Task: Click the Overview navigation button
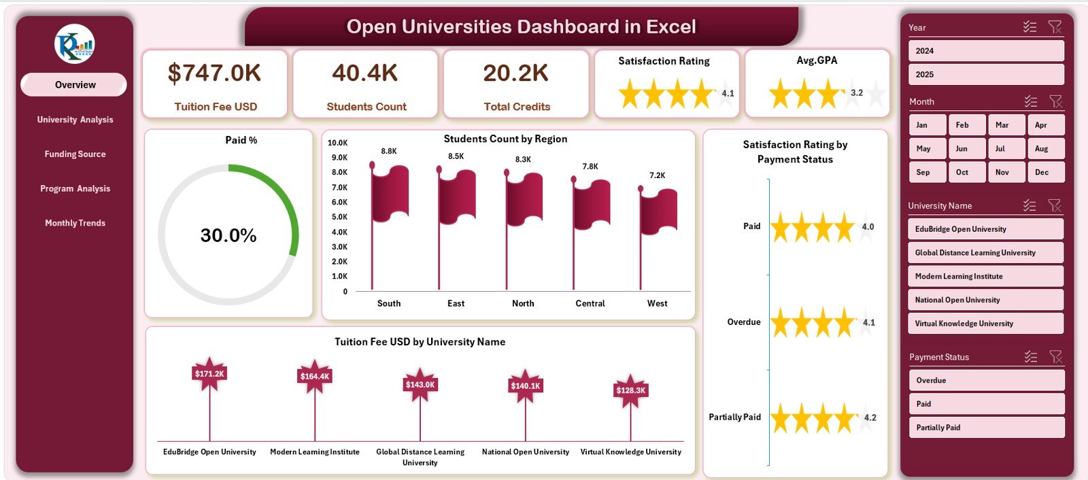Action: click(x=74, y=85)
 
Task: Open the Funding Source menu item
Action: click(x=75, y=154)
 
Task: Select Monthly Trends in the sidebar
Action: click(x=75, y=223)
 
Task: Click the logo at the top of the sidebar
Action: click(x=75, y=44)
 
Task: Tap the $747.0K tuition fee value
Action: click(x=214, y=73)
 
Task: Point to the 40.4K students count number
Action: click(x=365, y=73)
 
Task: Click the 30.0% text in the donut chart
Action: click(x=228, y=235)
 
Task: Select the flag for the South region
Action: click(x=390, y=194)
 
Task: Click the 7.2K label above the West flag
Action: click(x=658, y=175)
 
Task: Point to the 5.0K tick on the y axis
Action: click(x=339, y=217)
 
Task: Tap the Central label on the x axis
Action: click(x=590, y=303)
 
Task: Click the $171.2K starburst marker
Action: click(x=209, y=374)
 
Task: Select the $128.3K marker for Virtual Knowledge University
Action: click(x=630, y=390)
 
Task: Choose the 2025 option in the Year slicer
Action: click(x=985, y=74)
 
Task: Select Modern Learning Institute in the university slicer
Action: click(x=985, y=276)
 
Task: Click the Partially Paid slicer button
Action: click(x=985, y=428)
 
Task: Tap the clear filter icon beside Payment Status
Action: click(x=1055, y=356)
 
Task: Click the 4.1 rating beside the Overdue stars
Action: click(x=869, y=322)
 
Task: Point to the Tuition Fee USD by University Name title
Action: click(x=420, y=342)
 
